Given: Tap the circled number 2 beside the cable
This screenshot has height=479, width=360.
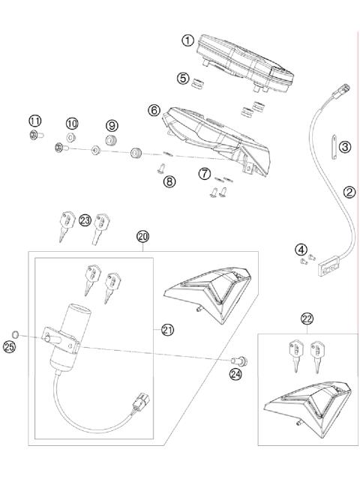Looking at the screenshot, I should click(349, 192).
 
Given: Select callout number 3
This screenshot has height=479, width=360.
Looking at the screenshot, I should click(344, 146).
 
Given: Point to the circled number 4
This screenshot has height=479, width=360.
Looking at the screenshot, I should click(300, 249).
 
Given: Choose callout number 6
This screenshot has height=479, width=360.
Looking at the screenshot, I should click(154, 110).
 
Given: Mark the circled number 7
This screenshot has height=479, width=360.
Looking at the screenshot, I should click(203, 175).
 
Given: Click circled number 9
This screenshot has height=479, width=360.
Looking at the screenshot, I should click(112, 125).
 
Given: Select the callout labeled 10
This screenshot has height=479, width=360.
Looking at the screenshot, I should click(72, 123).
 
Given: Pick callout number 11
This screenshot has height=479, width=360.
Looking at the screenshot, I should click(34, 121).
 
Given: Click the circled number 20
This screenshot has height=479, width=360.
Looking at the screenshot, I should click(143, 236).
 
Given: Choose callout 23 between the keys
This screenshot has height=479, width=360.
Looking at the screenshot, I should click(84, 220).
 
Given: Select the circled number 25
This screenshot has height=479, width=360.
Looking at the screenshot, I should click(9, 347).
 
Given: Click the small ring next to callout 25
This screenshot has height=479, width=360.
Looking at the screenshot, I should click(16, 331).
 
